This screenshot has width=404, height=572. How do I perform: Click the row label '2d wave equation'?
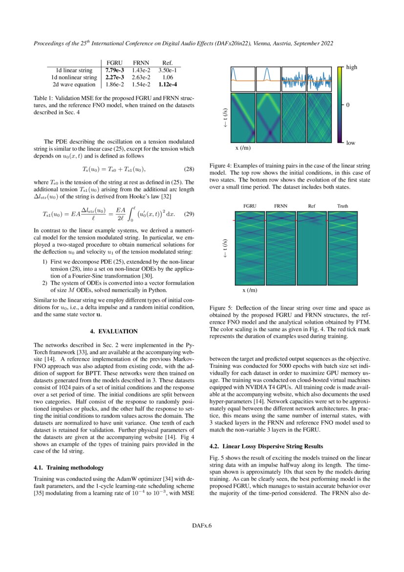(74, 84)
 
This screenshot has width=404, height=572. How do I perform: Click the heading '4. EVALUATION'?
(114, 331)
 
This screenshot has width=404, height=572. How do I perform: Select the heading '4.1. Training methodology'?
(68, 467)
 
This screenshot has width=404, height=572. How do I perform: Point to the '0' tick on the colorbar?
(348, 105)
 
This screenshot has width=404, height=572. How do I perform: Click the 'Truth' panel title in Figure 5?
(342, 206)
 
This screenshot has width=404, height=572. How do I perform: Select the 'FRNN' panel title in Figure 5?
(281, 206)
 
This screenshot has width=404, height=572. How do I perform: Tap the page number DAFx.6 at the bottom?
(202, 526)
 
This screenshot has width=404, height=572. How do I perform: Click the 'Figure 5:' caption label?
(221, 309)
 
